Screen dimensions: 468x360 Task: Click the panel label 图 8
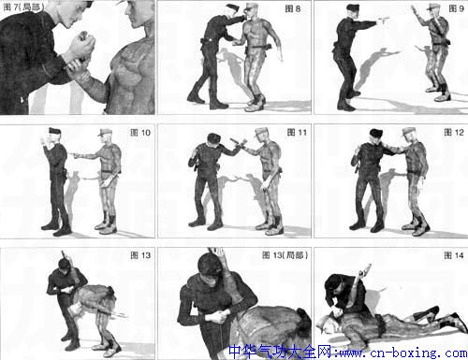(x=292, y=8)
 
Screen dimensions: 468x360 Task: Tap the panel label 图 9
(x=456, y=8)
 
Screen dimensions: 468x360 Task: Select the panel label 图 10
(x=140, y=133)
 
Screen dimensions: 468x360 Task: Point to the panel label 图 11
(x=297, y=133)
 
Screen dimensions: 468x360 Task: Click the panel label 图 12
(x=454, y=133)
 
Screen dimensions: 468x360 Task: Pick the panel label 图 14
(x=454, y=255)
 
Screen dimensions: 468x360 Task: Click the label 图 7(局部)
(x=23, y=7)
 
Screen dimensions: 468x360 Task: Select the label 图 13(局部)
(x=285, y=255)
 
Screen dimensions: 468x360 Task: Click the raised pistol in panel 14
(x=365, y=269)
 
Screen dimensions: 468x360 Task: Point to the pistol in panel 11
(x=238, y=142)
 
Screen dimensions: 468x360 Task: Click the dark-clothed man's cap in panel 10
(x=55, y=130)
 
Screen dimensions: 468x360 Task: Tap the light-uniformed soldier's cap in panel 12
(x=409, y=131)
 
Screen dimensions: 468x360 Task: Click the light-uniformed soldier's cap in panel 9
(x=432, y=7)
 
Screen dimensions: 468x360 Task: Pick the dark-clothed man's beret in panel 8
(x=232, y=7)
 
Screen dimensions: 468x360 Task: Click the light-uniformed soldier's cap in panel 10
(x=104, y=132)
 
